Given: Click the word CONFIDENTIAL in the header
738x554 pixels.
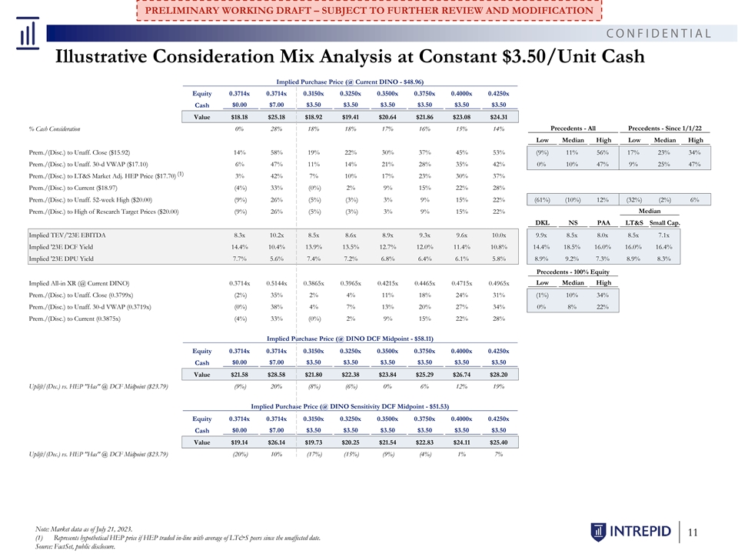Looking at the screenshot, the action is pyautogui.click(x=659, y=33).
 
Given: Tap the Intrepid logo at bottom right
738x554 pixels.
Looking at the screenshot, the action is pyautogui.click(x=630, y=532).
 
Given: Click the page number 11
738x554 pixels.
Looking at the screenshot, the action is pyautogui.click(x=693, y=532).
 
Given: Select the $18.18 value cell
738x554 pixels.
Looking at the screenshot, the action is pyautogui.click(x=240, y=117).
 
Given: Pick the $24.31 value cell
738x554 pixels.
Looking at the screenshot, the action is pyautogui.click(x=498, y=117).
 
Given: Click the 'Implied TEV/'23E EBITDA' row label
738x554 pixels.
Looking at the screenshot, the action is pyautogui.click(x=67, y=235).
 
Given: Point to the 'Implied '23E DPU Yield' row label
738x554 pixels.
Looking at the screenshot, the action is pyautogui.click(x=61, y=259).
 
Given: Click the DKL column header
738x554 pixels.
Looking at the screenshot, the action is pyautogui.click(x=542, y=223).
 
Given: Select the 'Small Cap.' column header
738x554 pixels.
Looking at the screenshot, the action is pyautogui.click(x=664, y=223).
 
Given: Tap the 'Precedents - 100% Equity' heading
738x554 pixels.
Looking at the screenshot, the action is pyautogui.click(x=573, y=272).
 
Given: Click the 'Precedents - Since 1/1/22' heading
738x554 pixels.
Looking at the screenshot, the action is pyautogui.click(x=664, y=128).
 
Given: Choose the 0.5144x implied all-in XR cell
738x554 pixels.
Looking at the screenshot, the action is pyautogui.click(x=276, y=283).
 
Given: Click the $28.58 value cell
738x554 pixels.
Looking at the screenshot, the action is pyautogui.click(x=276, y=375).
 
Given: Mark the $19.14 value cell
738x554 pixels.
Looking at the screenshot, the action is pyautogui.click(x=240, y=442).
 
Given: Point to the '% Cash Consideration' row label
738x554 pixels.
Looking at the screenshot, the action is pyautogui.click(x=55, y=128).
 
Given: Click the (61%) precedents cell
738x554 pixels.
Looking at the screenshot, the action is pyautogui.click(x=542, y=200).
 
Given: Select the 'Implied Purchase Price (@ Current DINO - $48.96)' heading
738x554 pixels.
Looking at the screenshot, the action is pyautogui.click(x=350, y=82).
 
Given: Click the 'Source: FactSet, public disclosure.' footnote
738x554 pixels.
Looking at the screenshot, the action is pyautogui.click(x=75, y=546).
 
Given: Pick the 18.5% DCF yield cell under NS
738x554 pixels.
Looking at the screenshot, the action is pyautogui.click(x=572, y=247).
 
